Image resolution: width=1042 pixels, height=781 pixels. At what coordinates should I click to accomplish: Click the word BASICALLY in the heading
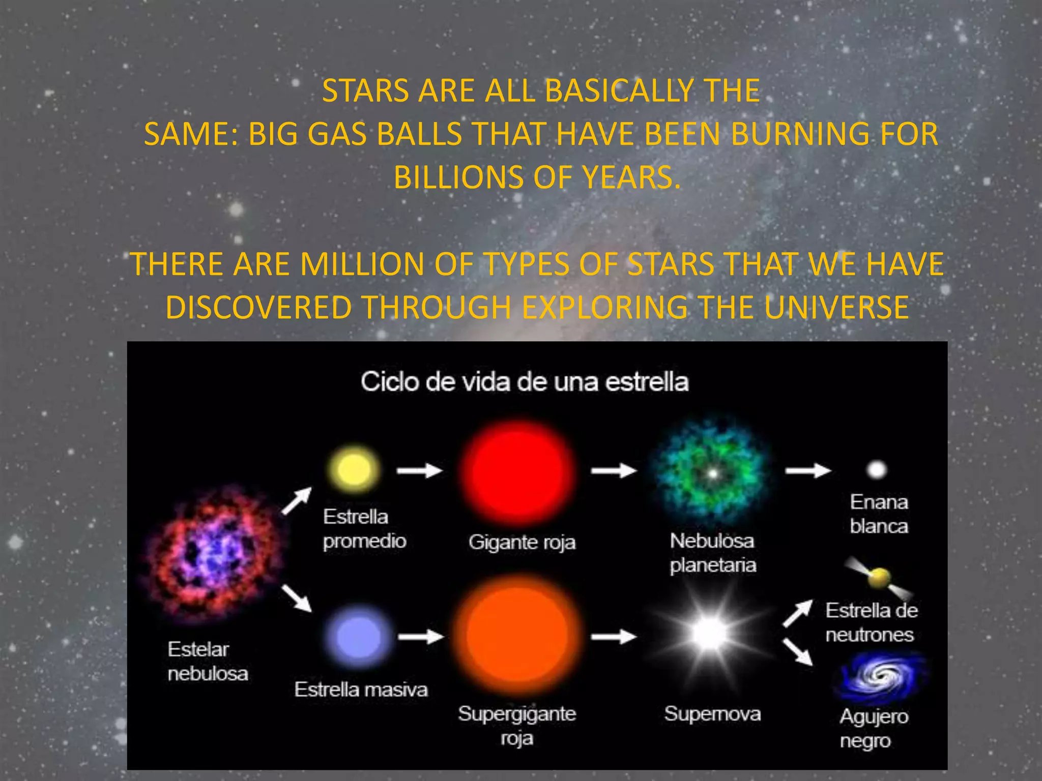[x=616, y=91]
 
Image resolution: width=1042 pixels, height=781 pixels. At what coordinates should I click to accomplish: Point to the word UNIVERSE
[x=836, y=308]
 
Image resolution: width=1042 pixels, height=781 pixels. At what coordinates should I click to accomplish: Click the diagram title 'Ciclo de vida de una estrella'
[x=525, y=382]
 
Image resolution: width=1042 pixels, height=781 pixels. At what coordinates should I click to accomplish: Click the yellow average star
[x=354, y=469]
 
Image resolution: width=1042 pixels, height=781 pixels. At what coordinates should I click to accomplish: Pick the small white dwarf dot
[x=877, y=470]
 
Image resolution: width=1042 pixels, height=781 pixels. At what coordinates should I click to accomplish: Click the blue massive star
[x=359, y=637]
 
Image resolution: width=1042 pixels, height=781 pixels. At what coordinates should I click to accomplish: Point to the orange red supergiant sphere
[x=519, y=636]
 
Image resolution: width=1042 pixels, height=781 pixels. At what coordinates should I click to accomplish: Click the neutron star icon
[x=879, y=578]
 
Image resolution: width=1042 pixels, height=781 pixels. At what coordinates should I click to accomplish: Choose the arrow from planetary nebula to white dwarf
[x=808, y=471]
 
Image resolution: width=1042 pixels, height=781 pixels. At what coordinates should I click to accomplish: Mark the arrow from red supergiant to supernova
[x=614, y=636]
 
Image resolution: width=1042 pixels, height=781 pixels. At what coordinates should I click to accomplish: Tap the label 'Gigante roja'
[x=522, y=543]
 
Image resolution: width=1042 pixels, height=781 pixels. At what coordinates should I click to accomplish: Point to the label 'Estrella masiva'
[x=361, y=690]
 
